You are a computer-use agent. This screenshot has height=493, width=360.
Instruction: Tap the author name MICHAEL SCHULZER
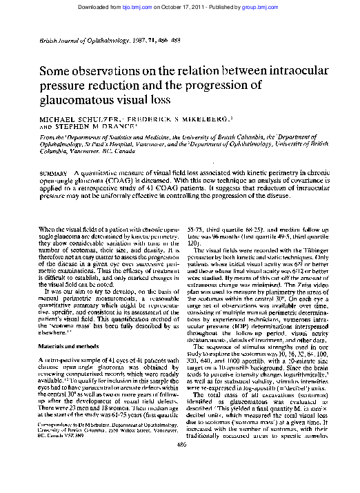pyautogui.click(x=77, y=119)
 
